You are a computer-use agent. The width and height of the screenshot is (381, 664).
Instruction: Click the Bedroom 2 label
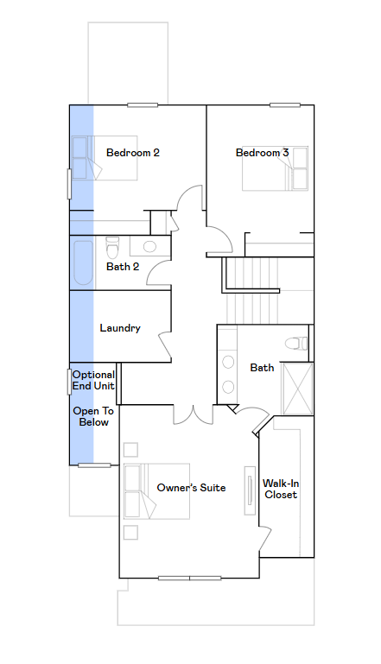tap(133, 153)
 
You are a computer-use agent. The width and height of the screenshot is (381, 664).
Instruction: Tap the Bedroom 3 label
tap(262, 153)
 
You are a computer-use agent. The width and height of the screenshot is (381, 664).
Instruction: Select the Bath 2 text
tap(123, 266)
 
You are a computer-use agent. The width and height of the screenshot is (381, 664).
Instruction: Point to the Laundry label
tap(120, 328)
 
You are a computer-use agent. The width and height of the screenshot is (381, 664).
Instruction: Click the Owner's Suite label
tap(191, 487)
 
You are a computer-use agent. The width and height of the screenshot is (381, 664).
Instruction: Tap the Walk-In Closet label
tap(281, 489)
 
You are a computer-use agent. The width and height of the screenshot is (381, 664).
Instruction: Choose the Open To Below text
tap(93, 416)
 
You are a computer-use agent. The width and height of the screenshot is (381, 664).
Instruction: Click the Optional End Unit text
tap(93, 380)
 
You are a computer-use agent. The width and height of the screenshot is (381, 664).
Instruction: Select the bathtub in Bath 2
tap(83, 263)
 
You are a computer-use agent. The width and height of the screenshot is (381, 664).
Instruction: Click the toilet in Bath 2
tap(112, 246)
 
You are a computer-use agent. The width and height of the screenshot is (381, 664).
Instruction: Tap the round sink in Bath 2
tap(149, 246)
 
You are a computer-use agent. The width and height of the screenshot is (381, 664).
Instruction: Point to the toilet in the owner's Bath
tap(296, 343)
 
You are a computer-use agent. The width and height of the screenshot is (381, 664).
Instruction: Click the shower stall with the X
tap(297, 389)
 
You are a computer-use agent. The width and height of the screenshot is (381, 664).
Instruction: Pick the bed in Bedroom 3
tap(275, 168)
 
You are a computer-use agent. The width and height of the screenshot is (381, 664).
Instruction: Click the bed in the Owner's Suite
tap(156, 491)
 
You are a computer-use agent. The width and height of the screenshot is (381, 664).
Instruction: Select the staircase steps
tap(252, 290)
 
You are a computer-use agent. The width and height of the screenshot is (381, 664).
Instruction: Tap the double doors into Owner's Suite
tap(194, 414)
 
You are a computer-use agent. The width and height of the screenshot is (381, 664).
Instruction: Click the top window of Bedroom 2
tap(143, 105)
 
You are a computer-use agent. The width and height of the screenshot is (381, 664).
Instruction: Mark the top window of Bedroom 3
tap(285, 105)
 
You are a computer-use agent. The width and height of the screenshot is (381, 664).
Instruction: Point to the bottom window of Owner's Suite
tap(189, 578)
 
